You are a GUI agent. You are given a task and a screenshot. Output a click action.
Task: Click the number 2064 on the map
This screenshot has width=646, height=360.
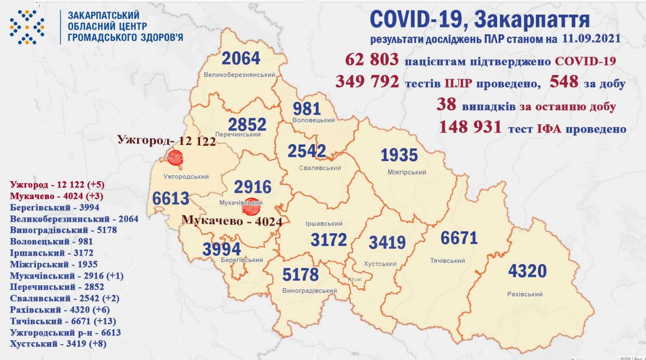click(241, 59)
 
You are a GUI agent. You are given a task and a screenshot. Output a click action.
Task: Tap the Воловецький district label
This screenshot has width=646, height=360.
click(313, 120)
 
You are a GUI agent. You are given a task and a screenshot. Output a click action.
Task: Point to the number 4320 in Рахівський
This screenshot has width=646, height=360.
click(527, 271)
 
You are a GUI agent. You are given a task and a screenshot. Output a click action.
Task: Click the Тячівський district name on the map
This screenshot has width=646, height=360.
click(447, 261)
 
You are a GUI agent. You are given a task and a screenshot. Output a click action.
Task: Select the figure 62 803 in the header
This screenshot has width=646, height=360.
click(371, 60)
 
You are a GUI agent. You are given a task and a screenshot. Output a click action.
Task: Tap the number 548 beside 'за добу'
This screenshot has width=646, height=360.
click(564, 82)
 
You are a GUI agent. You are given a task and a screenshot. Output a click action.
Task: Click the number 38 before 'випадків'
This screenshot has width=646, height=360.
click(446, 105)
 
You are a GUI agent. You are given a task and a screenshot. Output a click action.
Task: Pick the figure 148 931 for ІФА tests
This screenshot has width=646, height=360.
click(470, 128)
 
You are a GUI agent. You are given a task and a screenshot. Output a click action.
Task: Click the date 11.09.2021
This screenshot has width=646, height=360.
click(591, 39)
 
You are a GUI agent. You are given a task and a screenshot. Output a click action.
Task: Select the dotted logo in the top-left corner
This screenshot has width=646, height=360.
click(27, 27)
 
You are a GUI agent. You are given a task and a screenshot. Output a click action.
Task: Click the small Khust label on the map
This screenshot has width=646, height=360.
click(355, 279)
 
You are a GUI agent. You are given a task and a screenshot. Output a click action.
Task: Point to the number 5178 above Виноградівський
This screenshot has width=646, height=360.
click(300, 275)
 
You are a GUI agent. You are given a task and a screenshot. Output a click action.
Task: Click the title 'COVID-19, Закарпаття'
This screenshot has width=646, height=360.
click(480, 19)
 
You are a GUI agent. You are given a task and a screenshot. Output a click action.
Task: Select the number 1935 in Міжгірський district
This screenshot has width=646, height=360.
click(399, 155)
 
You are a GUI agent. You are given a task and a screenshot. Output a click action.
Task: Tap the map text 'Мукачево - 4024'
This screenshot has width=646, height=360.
click(232, 221)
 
